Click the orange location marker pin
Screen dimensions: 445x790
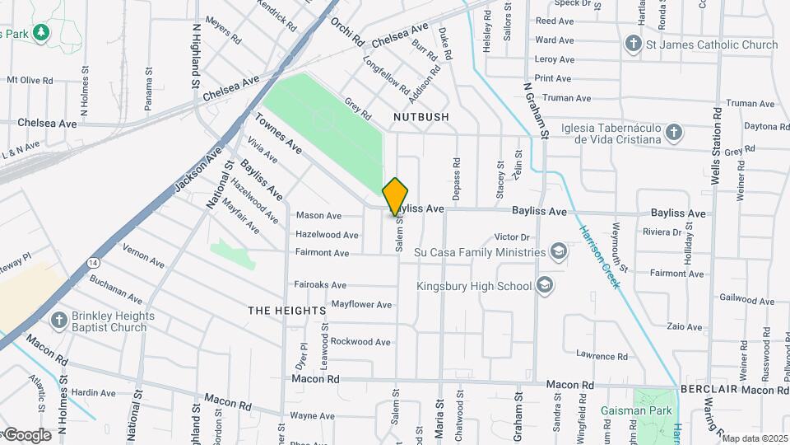pos(396,196)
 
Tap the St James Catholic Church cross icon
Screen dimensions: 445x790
pos(634,44)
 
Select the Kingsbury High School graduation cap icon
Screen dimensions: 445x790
pos(544,286)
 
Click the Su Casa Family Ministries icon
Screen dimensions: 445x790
pos(559,251)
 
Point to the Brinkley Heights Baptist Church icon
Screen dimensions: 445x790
pos(58,320)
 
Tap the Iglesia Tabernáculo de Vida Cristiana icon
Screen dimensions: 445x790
pos(674,133)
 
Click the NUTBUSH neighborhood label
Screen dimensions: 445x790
pos(421,117)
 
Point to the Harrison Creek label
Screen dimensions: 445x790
pos(600,256)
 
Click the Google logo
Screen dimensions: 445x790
pos(26,434)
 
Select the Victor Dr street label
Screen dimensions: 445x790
pos(511,237)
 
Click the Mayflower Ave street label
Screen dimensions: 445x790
pos(361,304)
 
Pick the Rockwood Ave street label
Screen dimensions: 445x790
pos(360,341)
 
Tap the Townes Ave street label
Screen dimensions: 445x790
pos(278,133)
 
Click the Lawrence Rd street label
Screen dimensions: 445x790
pos(602,356)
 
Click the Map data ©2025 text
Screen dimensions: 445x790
pos(755,438)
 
